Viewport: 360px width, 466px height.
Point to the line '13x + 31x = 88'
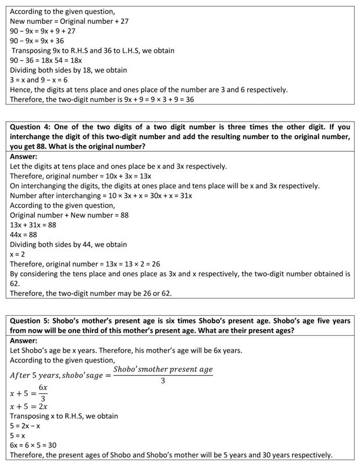33,225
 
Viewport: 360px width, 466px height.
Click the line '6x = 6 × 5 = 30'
33,445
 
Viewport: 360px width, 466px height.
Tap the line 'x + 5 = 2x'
30,406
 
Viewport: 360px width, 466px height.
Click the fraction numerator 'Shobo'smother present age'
163,369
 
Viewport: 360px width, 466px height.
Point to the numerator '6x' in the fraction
43,387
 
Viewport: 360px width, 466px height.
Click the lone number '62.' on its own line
15,283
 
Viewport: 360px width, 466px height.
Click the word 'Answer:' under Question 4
24,156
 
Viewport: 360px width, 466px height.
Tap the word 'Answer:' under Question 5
24,340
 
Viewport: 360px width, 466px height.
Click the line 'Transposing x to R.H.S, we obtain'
64,416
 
